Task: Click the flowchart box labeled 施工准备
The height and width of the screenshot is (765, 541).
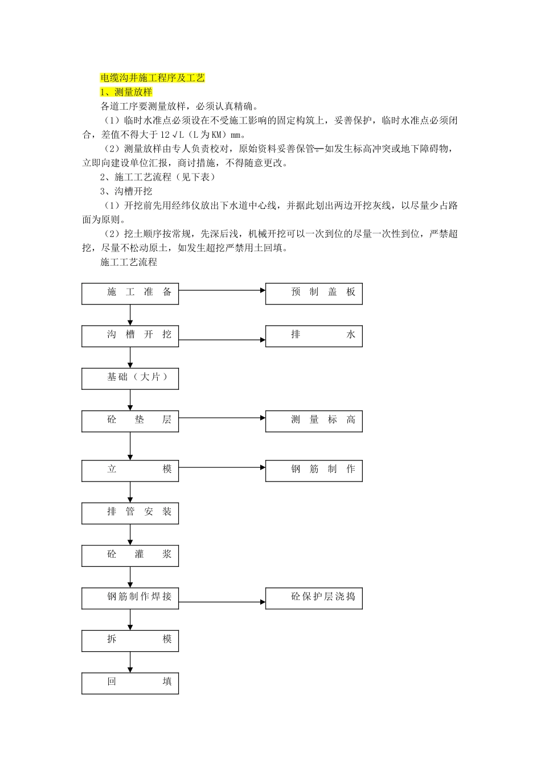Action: click(130, 293)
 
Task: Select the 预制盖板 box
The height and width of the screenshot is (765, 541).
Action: click(314, 293)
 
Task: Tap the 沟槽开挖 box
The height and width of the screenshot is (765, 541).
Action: click(130, 336)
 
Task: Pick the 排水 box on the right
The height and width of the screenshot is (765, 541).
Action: click(314, 336)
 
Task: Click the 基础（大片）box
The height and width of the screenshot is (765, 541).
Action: click(130, 379)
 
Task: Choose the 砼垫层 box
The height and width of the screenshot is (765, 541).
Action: click(130, 421)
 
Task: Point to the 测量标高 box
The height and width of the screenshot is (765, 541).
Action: click(314, 421)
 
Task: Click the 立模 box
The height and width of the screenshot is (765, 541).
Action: click(130, 471)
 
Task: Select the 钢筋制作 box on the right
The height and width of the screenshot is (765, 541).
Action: click(314, 471)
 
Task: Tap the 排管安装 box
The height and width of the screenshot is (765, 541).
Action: click(130, 513)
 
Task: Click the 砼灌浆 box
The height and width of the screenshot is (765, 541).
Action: click(130, 556)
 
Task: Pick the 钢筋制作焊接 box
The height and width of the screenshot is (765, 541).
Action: click(130, 598)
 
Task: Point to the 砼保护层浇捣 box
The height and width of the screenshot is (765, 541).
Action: click(314, 598)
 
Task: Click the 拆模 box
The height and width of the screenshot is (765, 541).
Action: click(130, 641)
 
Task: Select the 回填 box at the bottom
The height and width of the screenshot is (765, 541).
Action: click(130, 683)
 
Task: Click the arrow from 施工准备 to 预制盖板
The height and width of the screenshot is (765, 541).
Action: click(222, 290)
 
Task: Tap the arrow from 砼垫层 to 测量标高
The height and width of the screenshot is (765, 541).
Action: click(222, 418)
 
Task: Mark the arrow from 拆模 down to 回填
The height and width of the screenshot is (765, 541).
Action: click(130, 662)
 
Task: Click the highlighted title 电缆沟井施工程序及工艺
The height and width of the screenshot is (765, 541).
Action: click(153, 78)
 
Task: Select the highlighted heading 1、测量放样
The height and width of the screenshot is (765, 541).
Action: click(126, 92)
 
